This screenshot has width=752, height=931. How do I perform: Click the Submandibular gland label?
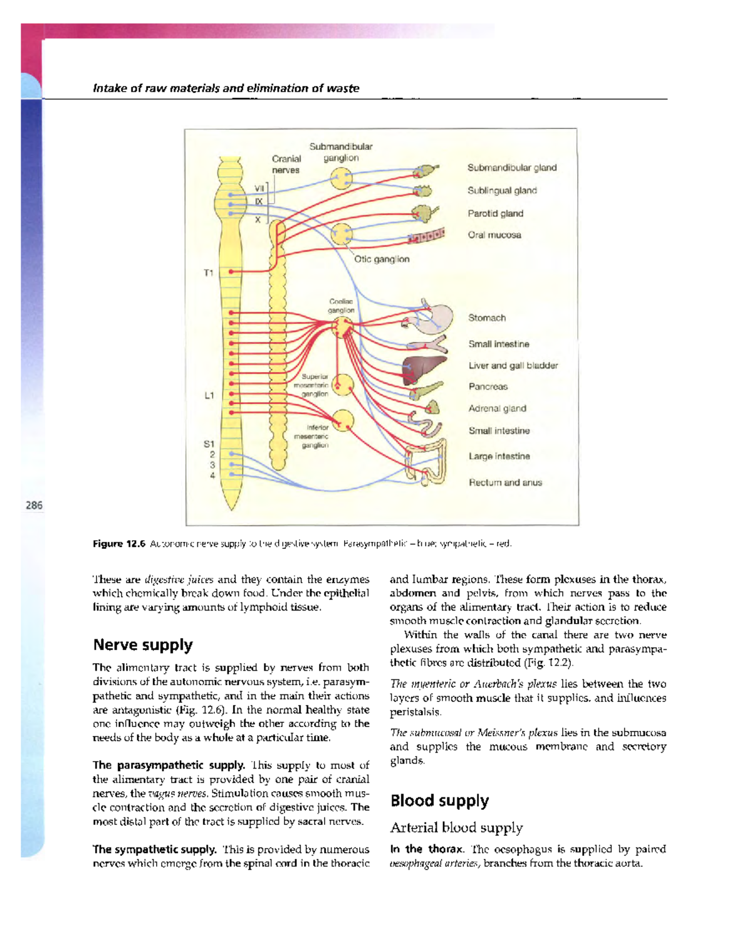click(x=511, y=168)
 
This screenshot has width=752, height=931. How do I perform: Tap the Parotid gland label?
click(x=495, y=213)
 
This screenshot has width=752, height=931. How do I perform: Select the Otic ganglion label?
click(x=382, y=259)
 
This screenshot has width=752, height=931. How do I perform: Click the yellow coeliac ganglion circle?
click(x=342, y=327)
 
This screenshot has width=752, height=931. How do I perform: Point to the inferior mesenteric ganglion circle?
click(x=343, y=422)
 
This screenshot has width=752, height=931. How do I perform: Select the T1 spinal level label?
click(x=208, y=273)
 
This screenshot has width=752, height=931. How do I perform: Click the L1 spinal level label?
click(x=209, y=396)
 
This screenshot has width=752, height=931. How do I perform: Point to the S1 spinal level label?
click(x=209, y=444)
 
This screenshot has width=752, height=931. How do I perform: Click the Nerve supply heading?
click(x=143, y=645)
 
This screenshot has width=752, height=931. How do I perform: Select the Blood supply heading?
click(x=439, y=801)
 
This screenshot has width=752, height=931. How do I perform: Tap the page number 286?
click(x=34, y=505)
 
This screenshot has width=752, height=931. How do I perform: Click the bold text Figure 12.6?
click(x=119, y=544)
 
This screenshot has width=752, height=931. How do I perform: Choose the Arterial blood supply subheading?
click(x=456, y=827)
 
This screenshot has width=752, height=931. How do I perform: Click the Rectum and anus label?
click(x=505, y=482)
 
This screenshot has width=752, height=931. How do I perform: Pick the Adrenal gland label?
click(x=497, y=408)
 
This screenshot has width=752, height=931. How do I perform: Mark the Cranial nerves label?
click(x=286, y=164)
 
